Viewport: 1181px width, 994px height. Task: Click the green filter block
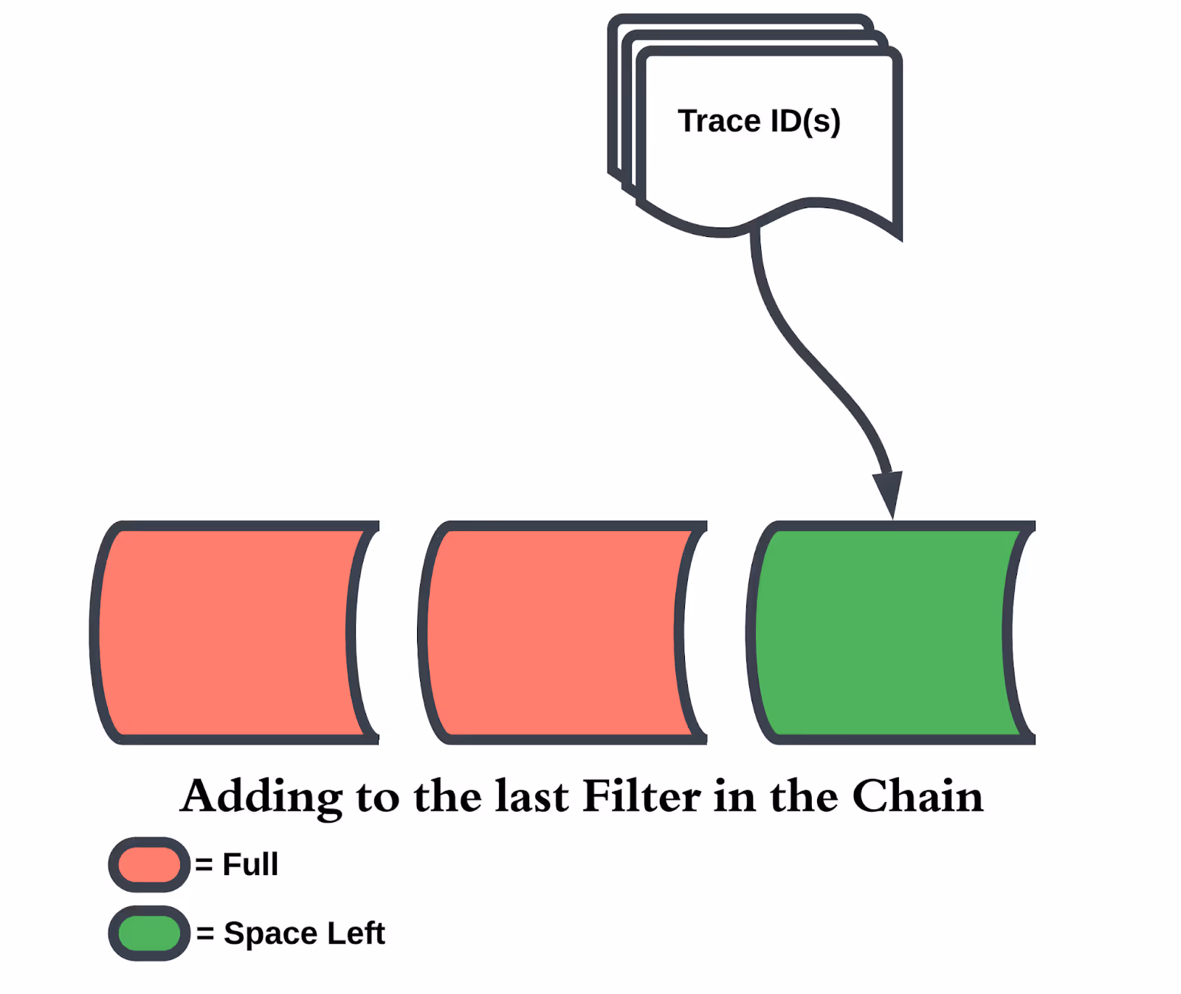[886, 633]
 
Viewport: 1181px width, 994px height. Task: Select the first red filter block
[229, 633]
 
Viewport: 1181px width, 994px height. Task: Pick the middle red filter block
[557, 633]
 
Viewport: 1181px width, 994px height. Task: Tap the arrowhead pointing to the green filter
[888, 493]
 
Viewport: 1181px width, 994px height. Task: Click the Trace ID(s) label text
[759, 121]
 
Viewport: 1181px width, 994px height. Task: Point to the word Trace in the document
[719, 121]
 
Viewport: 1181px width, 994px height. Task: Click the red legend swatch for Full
[149, 864]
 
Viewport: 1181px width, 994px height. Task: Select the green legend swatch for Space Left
[149, 933]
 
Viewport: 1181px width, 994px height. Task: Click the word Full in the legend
[250, 864]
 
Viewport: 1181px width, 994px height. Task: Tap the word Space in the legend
[270, 933]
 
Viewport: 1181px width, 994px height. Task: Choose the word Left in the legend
[356, 933]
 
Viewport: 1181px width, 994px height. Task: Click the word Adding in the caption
[261, 796]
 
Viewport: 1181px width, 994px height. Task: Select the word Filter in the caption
[641, 796]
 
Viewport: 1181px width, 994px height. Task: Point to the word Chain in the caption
[917, 796]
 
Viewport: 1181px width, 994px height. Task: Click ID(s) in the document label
[805, 121]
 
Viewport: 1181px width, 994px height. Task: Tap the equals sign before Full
[204, 865]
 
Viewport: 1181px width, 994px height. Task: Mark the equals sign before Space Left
[205, 933]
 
